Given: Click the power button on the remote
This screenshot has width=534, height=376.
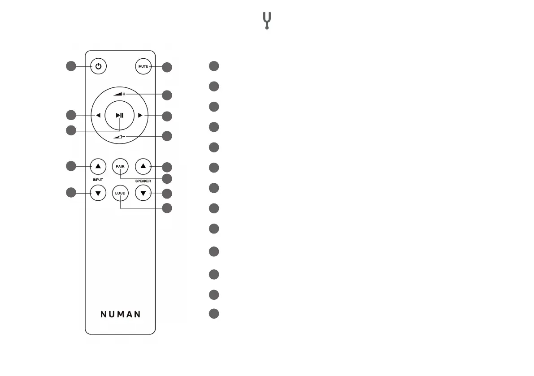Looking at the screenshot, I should point(98,67).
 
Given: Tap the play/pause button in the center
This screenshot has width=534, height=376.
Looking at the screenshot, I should point(120,115).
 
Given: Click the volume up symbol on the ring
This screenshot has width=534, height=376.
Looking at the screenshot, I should point(120,95).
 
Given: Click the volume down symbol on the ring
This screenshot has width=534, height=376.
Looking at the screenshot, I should point(120,136).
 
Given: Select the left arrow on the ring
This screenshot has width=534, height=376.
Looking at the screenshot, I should point(98,115).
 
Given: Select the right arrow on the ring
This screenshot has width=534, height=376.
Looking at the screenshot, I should point(140,115).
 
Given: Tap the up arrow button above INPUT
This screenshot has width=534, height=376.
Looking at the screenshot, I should point(98,166).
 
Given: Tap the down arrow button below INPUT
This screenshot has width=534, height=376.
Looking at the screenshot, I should point(98,194).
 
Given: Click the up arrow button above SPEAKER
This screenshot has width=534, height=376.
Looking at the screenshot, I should point(143,166).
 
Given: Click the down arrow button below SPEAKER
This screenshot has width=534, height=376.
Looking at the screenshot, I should point(143,194).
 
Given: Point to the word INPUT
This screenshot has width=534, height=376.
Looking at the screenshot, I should point(98,180).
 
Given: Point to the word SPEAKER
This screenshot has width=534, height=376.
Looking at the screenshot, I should point(143,181).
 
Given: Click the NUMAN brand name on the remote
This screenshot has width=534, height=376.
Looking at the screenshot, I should point(120,314).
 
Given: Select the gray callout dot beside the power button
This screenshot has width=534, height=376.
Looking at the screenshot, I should point(71,66).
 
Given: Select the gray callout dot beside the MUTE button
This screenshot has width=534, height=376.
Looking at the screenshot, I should point(167,67).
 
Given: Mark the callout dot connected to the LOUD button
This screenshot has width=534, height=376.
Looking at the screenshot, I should point(167,208).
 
